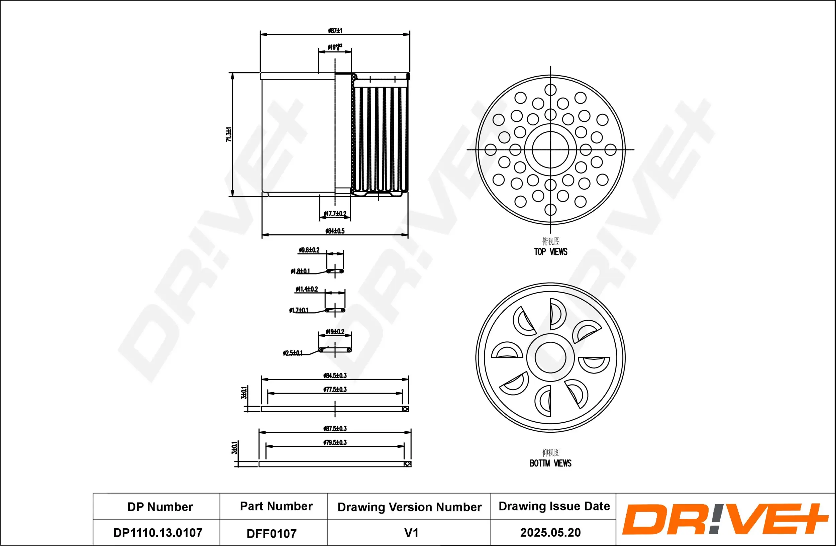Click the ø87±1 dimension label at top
335,30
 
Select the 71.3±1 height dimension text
229,134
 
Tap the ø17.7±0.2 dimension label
335,213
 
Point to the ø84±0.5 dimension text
335,231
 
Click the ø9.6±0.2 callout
309,250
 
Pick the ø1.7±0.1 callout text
299,310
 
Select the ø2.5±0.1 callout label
293,353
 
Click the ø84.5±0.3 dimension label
335,376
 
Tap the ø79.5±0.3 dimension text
335,442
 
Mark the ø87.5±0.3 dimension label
335,429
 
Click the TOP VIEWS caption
550,252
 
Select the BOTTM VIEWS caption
550,463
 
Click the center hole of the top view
550,149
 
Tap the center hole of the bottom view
550,358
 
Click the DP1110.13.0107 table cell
158,533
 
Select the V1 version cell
411,533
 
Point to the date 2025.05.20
550,532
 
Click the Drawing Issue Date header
554,506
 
